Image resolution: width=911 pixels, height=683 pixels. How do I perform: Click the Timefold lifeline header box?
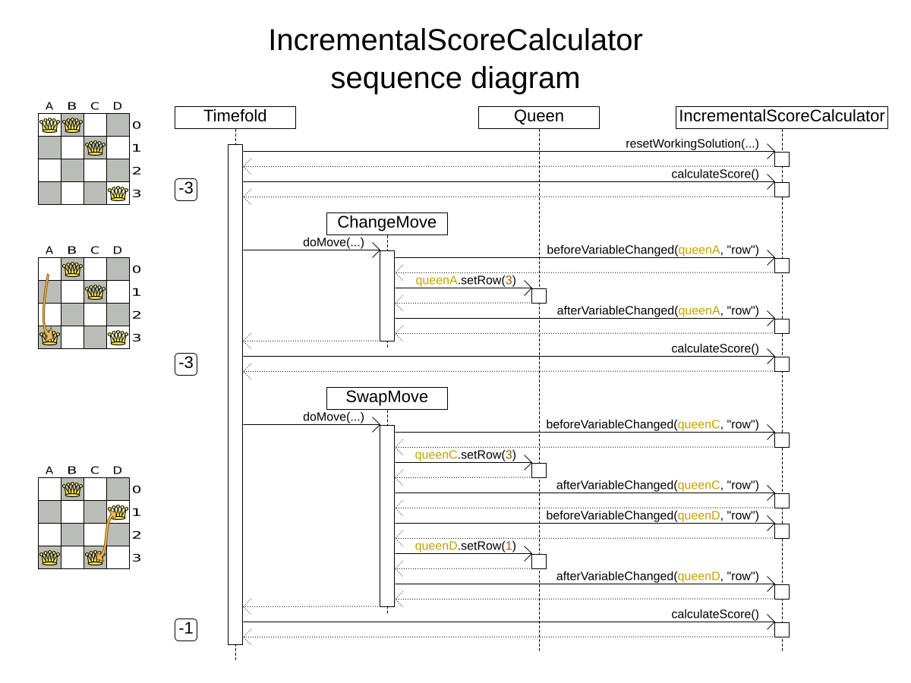click(x=235, y=117)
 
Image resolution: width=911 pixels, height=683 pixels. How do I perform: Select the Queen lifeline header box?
click(x=539, y=117)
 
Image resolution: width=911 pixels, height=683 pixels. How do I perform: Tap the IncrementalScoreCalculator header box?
click(x=782, y=117)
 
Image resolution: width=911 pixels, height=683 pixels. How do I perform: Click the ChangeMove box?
click(x=387, y=223)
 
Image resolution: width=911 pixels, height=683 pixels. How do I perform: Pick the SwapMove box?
click(x=387, y=398)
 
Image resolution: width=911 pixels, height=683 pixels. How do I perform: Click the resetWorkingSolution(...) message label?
click(x=692, y=143)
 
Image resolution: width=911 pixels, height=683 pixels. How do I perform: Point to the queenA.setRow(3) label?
click(x=465, y=280)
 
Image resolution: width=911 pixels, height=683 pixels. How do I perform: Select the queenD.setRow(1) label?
click(x=465, y=546)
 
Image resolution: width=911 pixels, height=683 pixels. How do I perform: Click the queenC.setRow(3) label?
click(x=465, y=455)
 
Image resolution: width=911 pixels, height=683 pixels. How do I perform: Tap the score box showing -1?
click(x=186, y=629)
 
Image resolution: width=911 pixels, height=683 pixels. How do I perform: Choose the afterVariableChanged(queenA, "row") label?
click(x=657, y=310)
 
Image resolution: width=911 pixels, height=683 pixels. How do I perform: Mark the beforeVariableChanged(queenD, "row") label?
click(x=652, y=515)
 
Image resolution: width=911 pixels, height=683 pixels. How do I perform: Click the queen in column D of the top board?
click(x=118, y=194)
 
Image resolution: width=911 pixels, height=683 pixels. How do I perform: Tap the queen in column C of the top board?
click(x=95, y=148)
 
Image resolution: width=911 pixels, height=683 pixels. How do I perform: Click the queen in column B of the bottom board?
click(x=72, y=489)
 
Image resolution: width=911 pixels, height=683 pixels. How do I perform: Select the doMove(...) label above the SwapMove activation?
click(x=333, y=417)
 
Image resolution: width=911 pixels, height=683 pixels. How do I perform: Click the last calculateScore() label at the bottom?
click(x=714, y=614)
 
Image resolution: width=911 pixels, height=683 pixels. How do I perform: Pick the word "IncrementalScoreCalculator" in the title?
click(x=455, y=40)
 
